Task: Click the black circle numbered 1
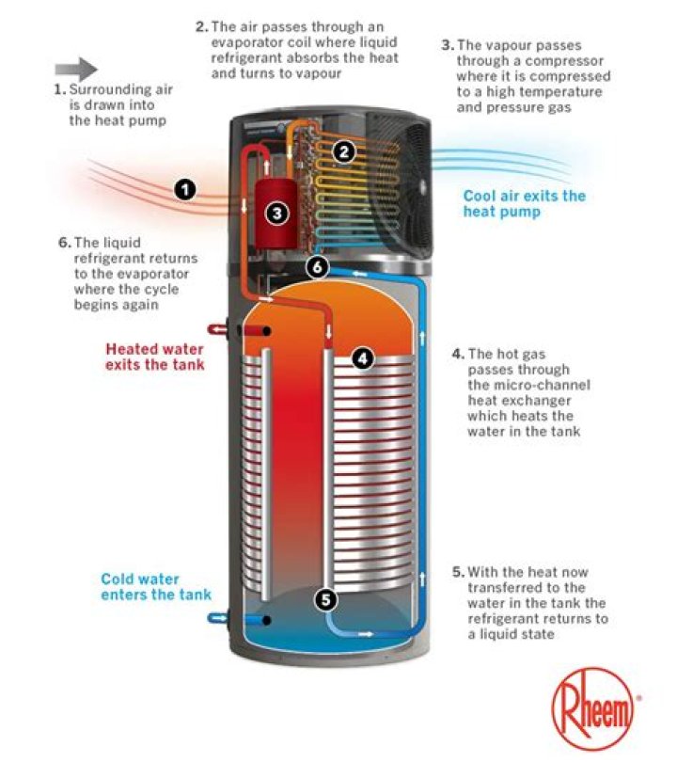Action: coord(185,190)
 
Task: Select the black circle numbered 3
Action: coord(276,214)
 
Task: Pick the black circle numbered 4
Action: coord(363,357)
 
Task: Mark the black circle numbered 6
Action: coord(319,267)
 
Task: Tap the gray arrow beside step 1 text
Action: coord(76,69)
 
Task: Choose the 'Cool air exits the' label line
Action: coord(524,196)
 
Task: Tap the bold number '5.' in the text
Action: coord(458,572)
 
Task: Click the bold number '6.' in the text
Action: coord(60,243)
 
